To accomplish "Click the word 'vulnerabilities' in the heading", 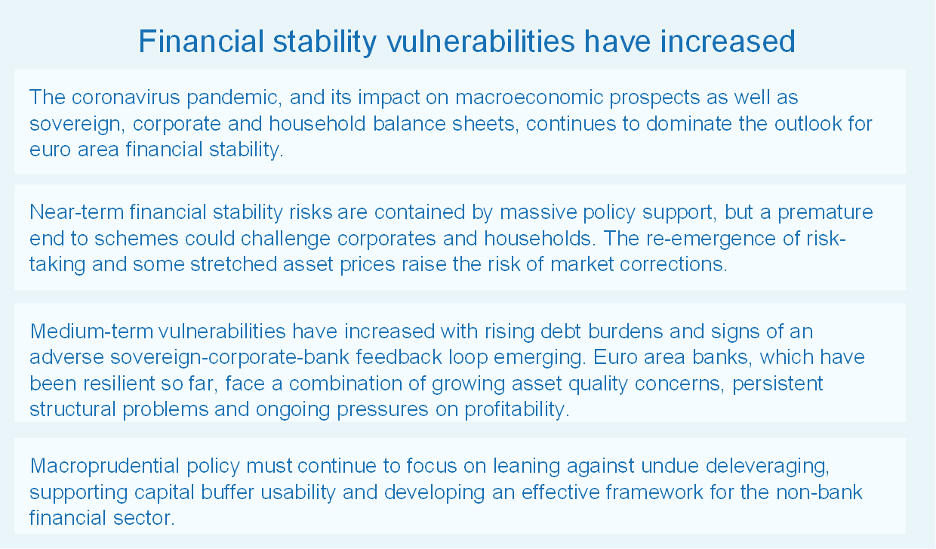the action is [481, 42].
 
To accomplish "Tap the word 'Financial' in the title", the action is [201, 42].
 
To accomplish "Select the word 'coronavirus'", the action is [126, 97].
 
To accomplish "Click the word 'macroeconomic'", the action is [529, 97].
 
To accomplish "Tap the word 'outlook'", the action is [808, 124].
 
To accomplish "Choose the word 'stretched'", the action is [233, 264].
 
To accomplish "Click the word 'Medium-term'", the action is [91, 332].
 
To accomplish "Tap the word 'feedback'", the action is [399, 357].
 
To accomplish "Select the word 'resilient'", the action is [119, 384].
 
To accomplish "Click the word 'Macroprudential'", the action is [105, 466].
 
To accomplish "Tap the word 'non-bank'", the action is [820, 492].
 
